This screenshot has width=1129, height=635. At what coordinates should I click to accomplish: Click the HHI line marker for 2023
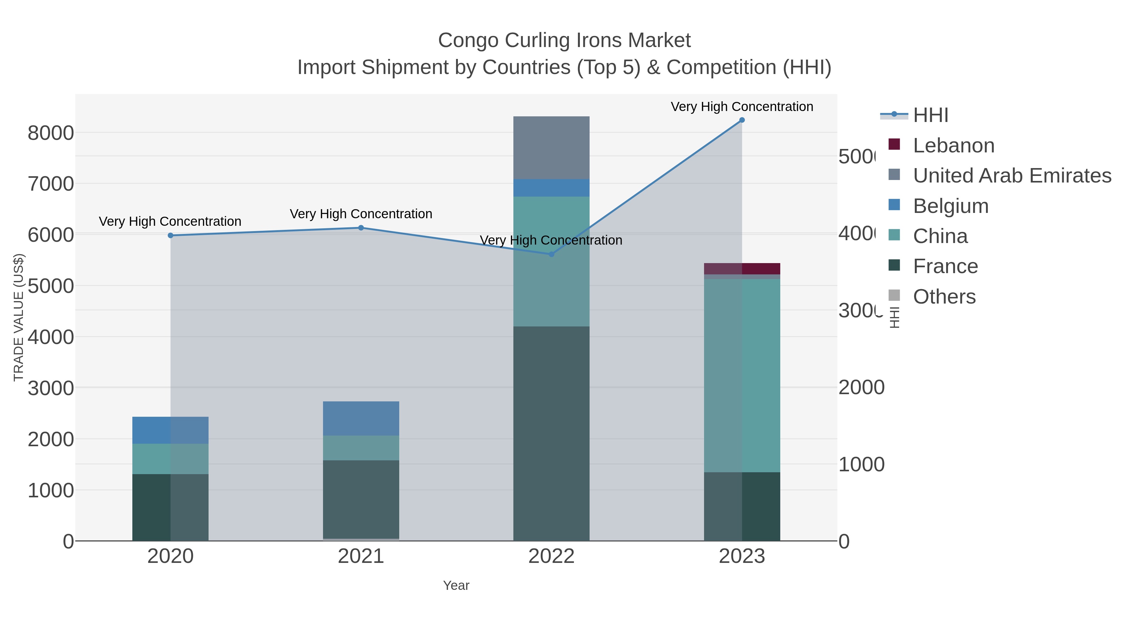tap(742, 120)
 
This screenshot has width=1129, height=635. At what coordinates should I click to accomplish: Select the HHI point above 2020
tap(171, 235)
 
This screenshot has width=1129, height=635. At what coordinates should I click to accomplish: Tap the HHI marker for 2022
tap(551, 254)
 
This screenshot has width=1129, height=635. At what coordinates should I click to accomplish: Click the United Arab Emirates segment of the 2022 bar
tap(551, 148)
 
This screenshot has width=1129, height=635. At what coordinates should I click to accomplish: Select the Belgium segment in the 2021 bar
tap(361, 419)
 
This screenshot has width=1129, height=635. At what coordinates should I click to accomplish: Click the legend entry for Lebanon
tap(953, 146)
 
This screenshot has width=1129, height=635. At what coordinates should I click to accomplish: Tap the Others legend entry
tap(944, 297)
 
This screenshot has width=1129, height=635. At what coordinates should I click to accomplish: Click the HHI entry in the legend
tap(930, 115)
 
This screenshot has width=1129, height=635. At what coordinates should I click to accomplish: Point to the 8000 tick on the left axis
tap(50, 133)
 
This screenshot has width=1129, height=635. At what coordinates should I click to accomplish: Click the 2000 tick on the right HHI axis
tap(861, 387)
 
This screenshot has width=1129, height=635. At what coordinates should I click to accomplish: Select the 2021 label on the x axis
tap(361, 556)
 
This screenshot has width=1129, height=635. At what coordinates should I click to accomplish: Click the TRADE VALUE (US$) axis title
tap(19, 317)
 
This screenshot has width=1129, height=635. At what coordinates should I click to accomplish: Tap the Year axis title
tap(456, 585)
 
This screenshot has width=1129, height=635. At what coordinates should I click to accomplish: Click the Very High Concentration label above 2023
tap(742, 107)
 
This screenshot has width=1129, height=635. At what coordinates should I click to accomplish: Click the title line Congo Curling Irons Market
tap(564, 40)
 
